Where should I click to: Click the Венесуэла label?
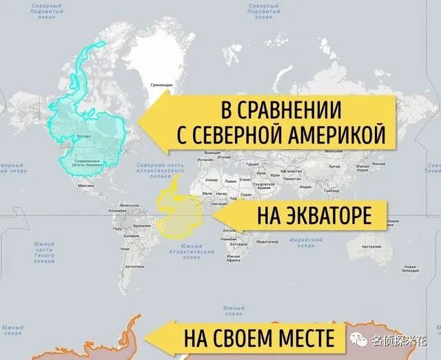click(130, 206)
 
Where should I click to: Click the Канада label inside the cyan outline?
click(83, 135)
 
